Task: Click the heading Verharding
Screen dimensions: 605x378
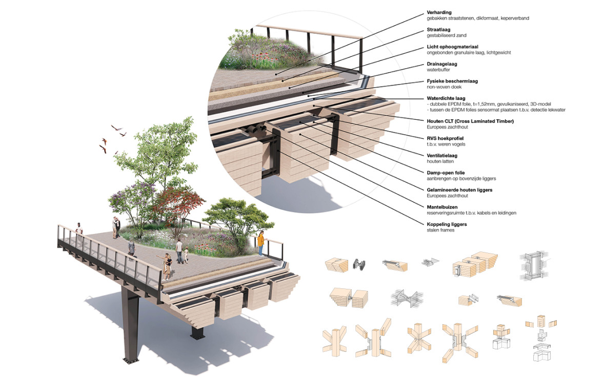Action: click(439, 12)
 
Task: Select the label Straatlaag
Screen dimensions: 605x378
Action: click(438, 30)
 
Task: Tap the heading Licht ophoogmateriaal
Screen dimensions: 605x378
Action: click(452, 47)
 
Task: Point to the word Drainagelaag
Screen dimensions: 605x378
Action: click(442, 64)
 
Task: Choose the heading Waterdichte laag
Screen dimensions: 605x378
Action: click(446, 98)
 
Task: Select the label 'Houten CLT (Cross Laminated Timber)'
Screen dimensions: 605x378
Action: click(470, 121)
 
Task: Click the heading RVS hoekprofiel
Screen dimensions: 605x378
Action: click(445, 138)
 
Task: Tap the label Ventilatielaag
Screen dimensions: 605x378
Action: click(442, 156)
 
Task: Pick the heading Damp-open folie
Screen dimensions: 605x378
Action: click(446, 173)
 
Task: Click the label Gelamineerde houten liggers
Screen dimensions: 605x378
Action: click(459, 190)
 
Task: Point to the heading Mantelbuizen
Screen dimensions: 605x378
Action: click(442, 207)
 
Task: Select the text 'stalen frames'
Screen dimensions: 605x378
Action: click(440, 230)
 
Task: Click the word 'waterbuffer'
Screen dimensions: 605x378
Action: click(438, 70)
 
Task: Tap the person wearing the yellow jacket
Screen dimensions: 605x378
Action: click(261, 243)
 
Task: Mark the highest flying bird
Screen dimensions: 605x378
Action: click(116, 128)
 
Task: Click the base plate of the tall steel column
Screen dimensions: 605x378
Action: click(131, 360)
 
